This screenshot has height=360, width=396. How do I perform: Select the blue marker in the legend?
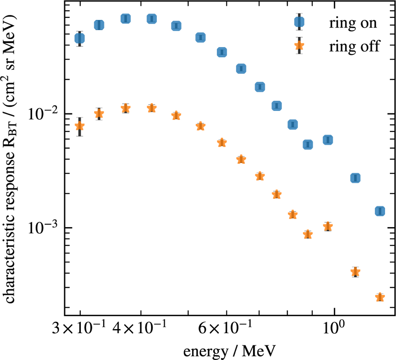[x=299, y=22]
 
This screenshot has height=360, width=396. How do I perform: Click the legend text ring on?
[x=352, y=23]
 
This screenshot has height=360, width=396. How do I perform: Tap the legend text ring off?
[x=354, y=46]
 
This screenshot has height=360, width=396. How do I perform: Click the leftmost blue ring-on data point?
[x=80, y=39]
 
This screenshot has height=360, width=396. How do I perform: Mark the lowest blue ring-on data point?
[x=380, y=211]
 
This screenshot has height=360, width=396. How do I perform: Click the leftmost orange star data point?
[x=80, y=126]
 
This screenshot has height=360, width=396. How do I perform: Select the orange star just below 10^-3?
[x=308, y=234]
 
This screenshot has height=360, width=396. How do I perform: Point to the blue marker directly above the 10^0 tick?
[x=328, y=140]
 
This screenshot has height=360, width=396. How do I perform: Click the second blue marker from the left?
[x=99, y=25]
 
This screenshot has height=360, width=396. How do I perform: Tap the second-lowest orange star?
[x=355, y=272]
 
